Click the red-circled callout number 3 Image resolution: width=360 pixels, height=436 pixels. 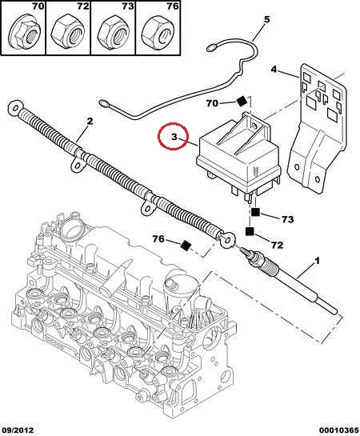pyautogui.click(x=174, y=137)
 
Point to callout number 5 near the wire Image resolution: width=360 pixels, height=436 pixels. pyautogui.click(x=266, y=20)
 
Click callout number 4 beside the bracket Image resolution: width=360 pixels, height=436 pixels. pyautogui.click(x=274, y=69)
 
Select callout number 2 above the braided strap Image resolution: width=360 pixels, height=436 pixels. pyautogui.click(x=90, y=122)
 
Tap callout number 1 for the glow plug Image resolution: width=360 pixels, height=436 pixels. pyautogui.click(x=317, y=261)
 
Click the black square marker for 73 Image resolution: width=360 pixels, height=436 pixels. pyautogui.click(x=255, y=213)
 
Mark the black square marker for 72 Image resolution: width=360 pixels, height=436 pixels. pyautogui.click(x=250, y=231)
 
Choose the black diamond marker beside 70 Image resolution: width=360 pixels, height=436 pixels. pyautogui.click(x=242, y=102)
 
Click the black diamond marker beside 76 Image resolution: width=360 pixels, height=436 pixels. pyautogui.click(x=186, y=246)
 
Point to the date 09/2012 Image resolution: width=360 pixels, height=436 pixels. pyautogui.click(x=18, y=430)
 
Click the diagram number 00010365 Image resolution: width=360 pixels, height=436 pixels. pyautogui.click(x=338, y=430)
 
